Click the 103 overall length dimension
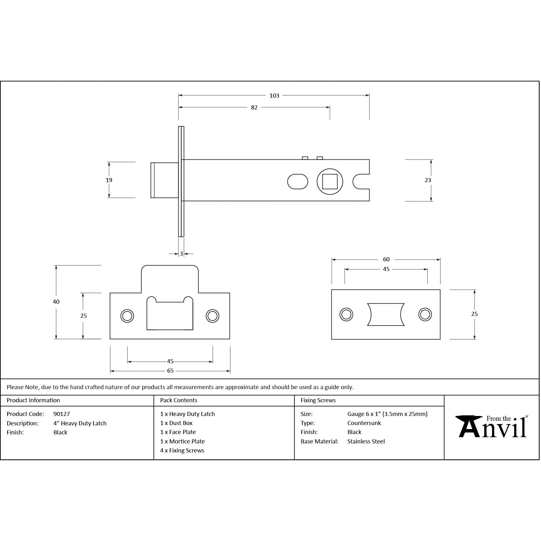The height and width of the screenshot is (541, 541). [274, 96]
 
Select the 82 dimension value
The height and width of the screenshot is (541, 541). [254, 108]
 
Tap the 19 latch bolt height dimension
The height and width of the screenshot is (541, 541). [109, 180]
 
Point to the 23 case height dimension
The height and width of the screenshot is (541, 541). [428, 180]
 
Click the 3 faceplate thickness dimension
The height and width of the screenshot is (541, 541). [181, 254]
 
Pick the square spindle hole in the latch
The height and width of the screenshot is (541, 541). [330, 181]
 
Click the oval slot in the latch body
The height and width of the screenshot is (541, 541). [297, 181]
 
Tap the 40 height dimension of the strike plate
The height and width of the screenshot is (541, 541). [56, 302]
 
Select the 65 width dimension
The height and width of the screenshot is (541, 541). [170, 371]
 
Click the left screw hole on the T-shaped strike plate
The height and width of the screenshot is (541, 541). [127, 316]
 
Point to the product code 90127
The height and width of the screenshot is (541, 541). [62, 414]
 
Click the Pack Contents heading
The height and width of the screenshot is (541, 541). [179, 400]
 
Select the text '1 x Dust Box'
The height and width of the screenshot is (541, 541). [176, 423]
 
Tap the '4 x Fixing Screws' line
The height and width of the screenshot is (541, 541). [182, 451]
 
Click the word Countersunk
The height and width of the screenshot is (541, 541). [364, 423]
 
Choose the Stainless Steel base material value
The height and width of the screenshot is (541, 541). [366, 442]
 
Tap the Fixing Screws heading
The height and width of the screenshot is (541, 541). [318, 400]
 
